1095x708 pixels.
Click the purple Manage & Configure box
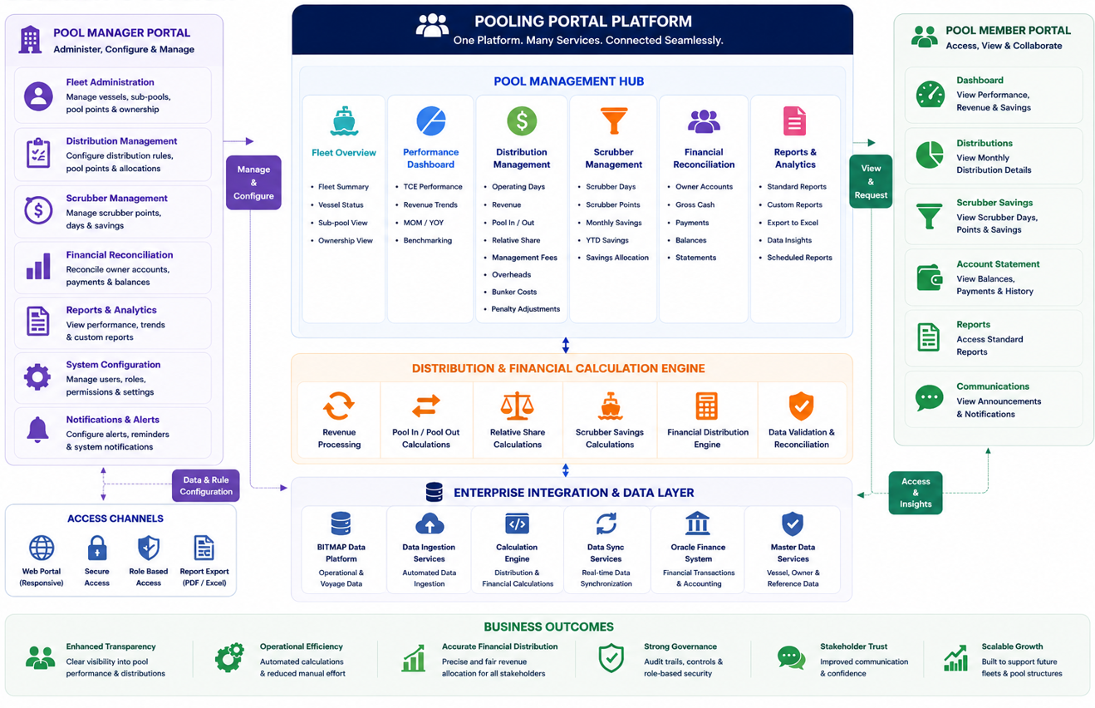click(x=253, y=182)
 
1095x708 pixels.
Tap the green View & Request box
click(x=871, y=181)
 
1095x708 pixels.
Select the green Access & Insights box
click(x=915, y=493)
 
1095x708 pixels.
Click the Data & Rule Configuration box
click(x=206, y=485)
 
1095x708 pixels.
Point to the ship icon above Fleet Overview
click(x=344, y=120)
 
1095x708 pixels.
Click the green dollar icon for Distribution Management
click(x=522, y=120)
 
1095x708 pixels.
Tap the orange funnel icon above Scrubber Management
click(x=613, y=120)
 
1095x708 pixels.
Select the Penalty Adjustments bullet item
click(x=526, y=309)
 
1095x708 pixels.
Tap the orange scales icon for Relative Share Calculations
click(x=517, y=406)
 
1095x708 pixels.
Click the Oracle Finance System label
click(x=698, y=553)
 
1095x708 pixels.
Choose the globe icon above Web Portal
click(x=42, y=548)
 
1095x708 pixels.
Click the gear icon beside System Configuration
click(x=37, y=377)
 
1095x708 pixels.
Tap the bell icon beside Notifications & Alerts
click(x=37, y=430)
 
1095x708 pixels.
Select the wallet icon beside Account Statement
click(x=930, y=278)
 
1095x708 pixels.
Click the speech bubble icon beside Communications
click(x=929, y=399)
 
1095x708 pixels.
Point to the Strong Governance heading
click(x=680, y=647)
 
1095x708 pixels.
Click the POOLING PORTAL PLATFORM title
click(x=583, y=22)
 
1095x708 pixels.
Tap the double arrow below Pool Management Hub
click(x=566, y=345)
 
